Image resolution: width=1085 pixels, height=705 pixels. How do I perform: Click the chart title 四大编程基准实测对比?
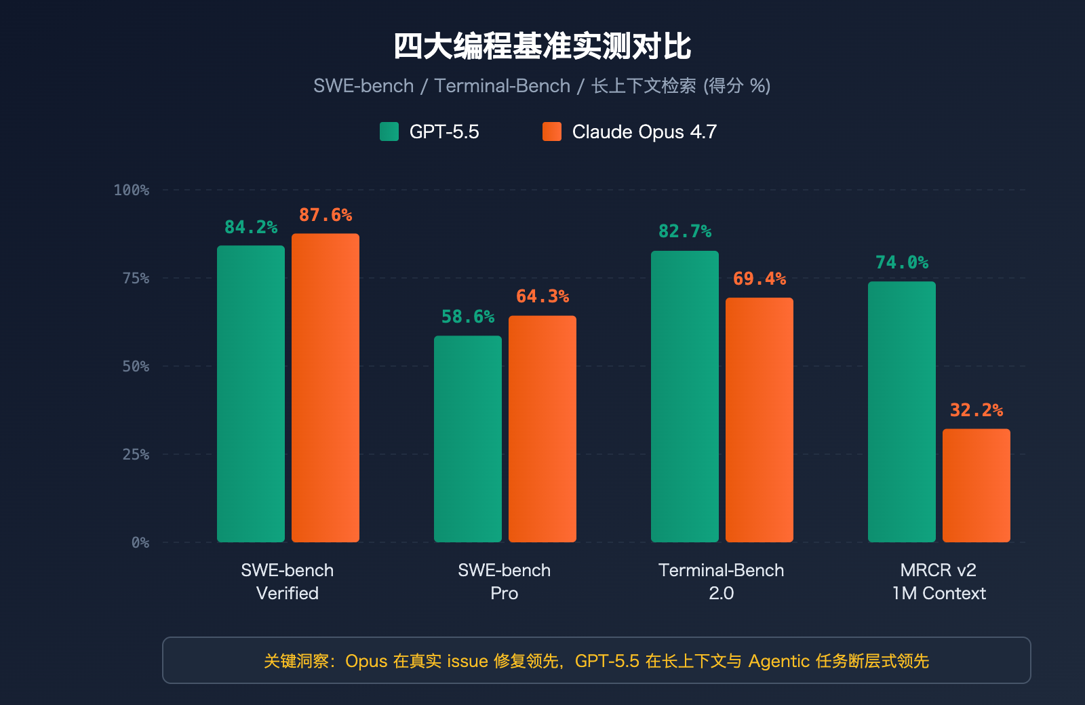tap(542, 47)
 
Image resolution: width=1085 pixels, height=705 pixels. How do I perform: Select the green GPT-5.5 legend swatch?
tap(389, 132)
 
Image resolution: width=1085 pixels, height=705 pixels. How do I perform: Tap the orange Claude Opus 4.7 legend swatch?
tap(552, 132)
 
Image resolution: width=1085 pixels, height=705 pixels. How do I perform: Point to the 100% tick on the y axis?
tap(132, 190)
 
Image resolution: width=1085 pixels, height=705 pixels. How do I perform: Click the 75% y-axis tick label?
tap(136, 278)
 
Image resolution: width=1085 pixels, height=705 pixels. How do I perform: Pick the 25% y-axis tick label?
tap(136, 454)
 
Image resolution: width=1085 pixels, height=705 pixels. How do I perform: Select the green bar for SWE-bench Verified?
tap(251, 393)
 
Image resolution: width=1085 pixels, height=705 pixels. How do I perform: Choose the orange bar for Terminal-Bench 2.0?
tap(759, 420)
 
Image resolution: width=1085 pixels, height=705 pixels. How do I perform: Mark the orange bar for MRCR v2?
tap(976, 485)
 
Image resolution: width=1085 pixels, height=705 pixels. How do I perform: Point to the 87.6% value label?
tap(325, 215)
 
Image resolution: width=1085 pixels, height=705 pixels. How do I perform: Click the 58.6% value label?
tap(468, 317)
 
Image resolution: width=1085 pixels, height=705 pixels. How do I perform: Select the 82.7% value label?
tap(685, 231)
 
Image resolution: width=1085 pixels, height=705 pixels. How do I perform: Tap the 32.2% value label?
tap(976, 410)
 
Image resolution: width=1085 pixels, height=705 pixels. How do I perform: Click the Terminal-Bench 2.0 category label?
tap(721, 581)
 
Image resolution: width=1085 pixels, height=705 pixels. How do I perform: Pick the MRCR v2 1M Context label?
tap(939, 581)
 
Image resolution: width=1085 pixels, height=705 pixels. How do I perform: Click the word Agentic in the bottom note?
tap(778, 661)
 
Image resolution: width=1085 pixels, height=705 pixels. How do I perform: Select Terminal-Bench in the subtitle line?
tap(502, 86)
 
